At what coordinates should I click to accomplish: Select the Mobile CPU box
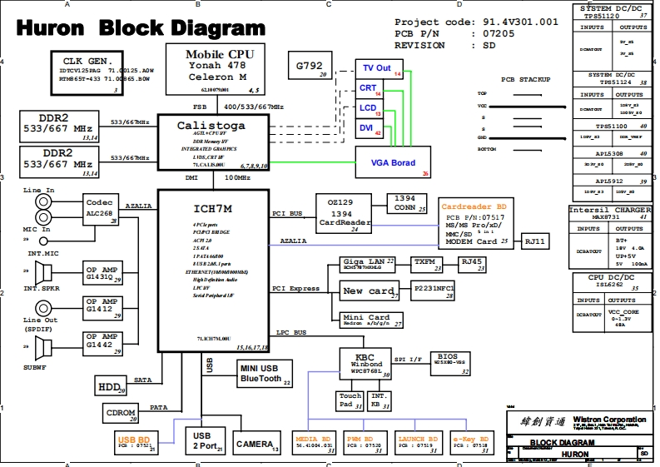click(x=221, y=69)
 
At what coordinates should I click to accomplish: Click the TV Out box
click(x=379, y=69)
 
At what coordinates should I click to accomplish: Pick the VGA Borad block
click(x=393, y=162)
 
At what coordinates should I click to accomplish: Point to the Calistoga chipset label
click(x=211, y=125)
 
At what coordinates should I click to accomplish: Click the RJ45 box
click(x=473, y=264)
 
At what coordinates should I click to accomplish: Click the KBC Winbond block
click(x=366, y=364)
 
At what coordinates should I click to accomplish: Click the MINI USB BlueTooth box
click(x=264, y=374)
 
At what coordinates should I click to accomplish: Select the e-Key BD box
click(x=470, y=443)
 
